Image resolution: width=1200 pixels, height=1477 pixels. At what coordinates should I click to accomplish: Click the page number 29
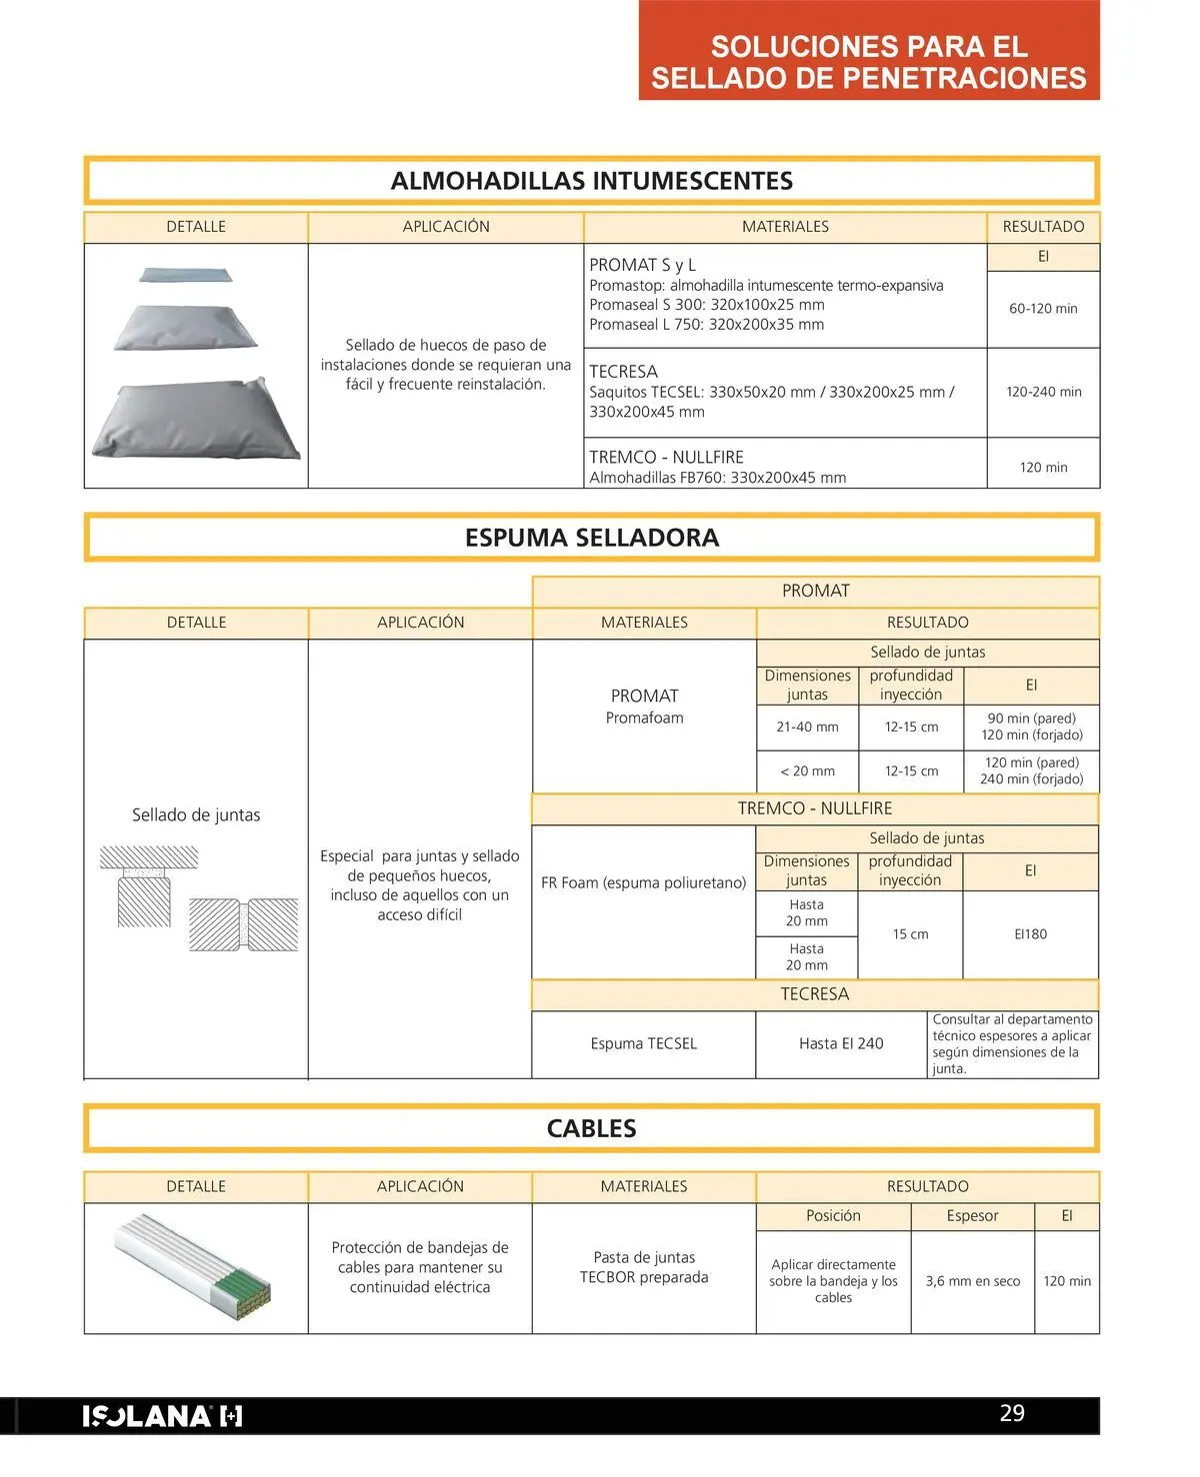tap(1012, 1413)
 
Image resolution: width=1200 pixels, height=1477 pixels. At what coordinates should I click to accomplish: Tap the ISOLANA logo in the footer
tap(162, 1416)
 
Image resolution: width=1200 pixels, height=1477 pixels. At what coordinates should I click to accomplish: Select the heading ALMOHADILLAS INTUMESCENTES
tap(591, 181)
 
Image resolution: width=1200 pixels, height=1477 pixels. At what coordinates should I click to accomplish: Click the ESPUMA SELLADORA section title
tap(591, 538)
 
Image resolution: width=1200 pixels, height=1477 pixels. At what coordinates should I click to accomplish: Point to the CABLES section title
tap(591, 1128)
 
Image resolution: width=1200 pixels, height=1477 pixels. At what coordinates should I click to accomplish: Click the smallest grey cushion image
tap(186, 274)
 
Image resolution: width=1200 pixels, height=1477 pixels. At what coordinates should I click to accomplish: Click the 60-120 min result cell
tap(1043, 309)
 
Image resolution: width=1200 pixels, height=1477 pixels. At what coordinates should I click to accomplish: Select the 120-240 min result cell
tap(1043, 392)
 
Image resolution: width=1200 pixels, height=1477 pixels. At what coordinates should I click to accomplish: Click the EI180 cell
tap(1030, 934)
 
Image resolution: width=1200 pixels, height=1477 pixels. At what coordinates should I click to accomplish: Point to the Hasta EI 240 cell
tap(841, 1043)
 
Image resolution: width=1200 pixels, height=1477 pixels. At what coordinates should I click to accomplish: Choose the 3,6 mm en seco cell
tap(972, 1281)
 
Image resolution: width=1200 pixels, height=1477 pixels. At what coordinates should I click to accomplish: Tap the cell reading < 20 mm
tap(807, 770)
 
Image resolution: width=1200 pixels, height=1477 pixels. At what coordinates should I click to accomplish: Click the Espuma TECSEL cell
tap(643, 1043)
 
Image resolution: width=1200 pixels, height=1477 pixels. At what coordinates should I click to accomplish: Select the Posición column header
tap(833, 1215)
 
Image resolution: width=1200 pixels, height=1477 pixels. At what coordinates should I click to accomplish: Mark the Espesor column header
tap(972, 1215)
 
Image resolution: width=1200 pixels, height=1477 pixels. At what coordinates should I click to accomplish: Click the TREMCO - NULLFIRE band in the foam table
tap(814, 808)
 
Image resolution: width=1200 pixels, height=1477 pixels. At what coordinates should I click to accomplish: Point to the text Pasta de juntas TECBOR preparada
tap(644, 1267)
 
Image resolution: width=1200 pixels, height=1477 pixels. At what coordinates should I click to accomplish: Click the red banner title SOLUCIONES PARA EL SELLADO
tap(868, 62)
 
